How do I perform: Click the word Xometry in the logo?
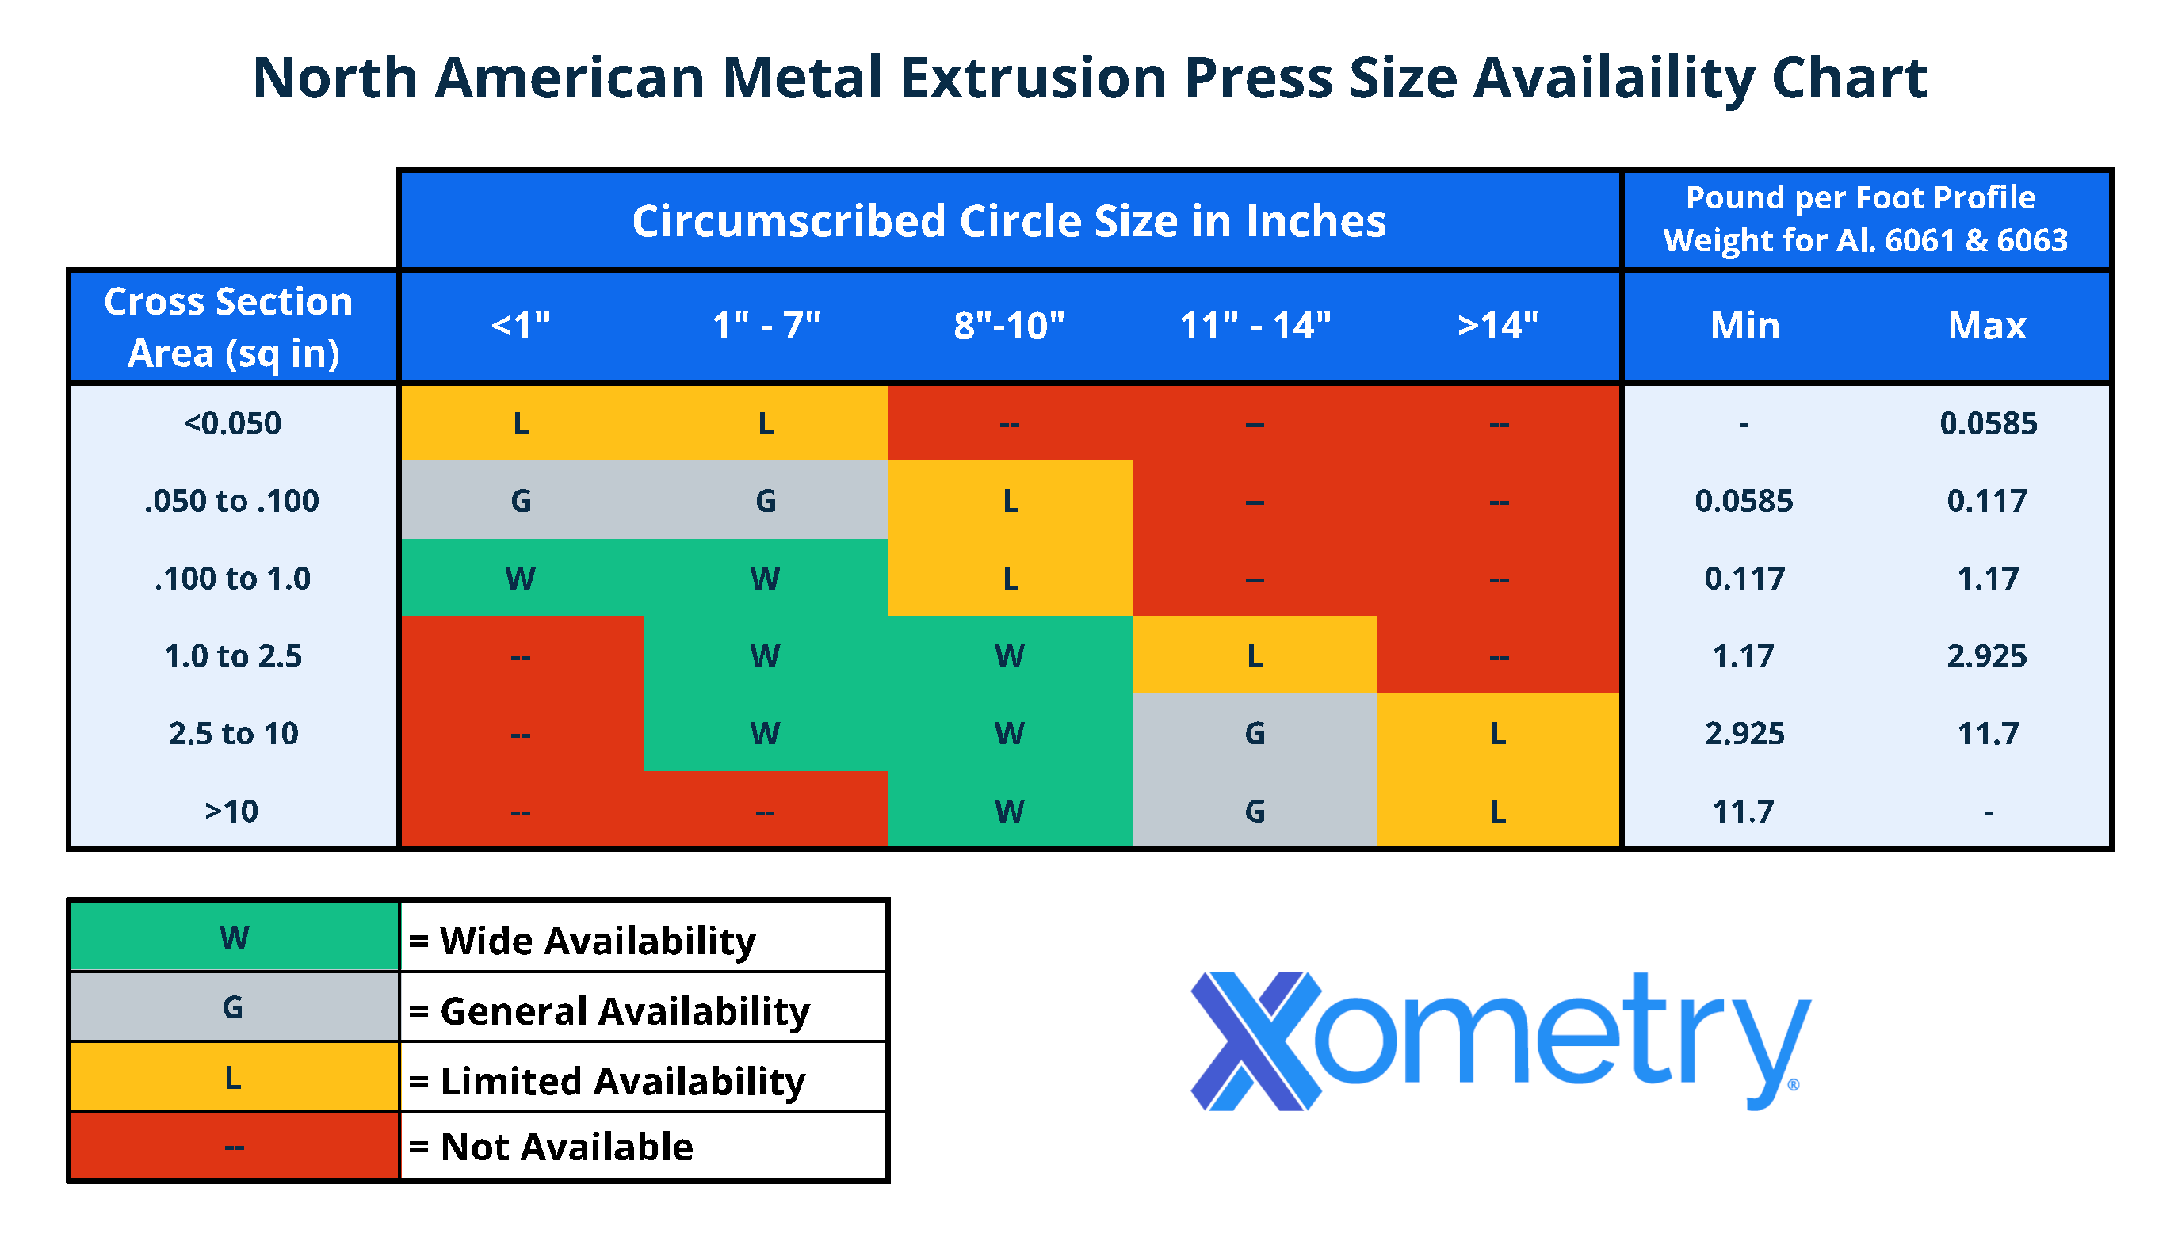1501,1040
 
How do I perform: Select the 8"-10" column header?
1009,326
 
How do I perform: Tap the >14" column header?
1498,326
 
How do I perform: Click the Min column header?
1744,326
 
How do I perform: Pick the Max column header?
1987,326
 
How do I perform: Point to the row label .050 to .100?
231,500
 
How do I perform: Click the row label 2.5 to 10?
232,733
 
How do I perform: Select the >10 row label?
231,811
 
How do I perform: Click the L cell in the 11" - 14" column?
1254,656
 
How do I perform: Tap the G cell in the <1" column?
521,500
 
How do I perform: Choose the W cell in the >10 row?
1010,811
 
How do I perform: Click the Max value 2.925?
1987,656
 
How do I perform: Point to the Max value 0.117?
1987,500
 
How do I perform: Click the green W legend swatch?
234,937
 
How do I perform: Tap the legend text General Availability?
625,1010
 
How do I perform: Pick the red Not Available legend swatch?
234,1147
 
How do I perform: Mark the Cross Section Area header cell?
231,327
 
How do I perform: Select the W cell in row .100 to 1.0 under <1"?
521,579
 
